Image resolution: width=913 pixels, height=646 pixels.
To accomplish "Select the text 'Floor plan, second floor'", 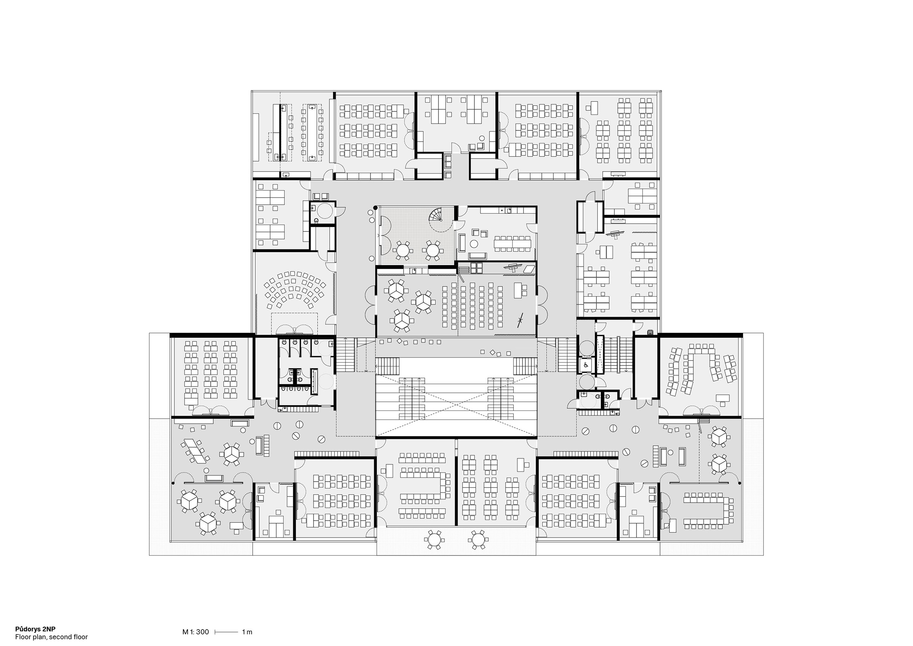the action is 52,637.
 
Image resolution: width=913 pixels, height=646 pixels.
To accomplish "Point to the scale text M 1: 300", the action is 196,632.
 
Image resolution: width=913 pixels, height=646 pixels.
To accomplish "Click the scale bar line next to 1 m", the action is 227,632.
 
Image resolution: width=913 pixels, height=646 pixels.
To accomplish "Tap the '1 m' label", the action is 247,632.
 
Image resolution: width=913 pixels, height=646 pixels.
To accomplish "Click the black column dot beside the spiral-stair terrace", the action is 375,208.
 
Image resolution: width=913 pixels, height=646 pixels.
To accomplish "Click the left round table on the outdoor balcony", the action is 433,539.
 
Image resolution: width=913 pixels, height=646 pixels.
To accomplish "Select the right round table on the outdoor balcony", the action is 477,539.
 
